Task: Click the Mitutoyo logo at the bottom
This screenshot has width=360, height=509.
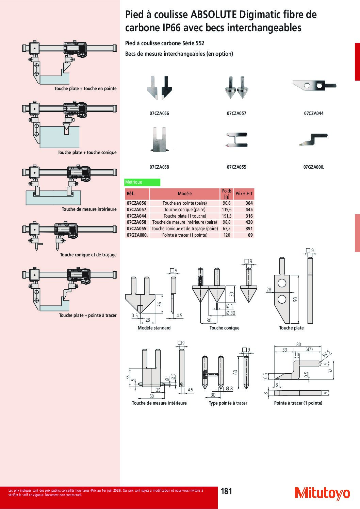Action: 322,493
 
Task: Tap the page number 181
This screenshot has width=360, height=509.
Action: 226,491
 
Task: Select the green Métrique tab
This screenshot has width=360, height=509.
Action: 142,182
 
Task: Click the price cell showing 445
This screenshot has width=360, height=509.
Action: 249,209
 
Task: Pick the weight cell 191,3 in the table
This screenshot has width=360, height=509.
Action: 227,216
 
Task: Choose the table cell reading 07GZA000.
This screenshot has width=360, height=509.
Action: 137,235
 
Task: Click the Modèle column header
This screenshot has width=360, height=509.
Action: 185,193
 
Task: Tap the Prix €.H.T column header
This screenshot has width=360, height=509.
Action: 244,193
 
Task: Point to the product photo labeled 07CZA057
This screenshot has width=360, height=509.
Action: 236,88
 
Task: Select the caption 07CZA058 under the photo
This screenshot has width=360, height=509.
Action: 159,167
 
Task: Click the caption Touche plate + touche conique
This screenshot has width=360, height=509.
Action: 87,152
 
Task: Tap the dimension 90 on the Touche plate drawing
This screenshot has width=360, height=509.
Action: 295,300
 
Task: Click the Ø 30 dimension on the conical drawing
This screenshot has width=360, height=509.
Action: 231,313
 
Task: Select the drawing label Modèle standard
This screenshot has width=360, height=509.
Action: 154,328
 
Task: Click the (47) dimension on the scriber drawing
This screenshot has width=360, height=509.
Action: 309,350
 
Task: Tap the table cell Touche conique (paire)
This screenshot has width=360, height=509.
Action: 185,209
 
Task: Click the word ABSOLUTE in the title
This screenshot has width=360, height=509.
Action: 213,15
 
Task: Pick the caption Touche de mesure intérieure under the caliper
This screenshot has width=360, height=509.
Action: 89,209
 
